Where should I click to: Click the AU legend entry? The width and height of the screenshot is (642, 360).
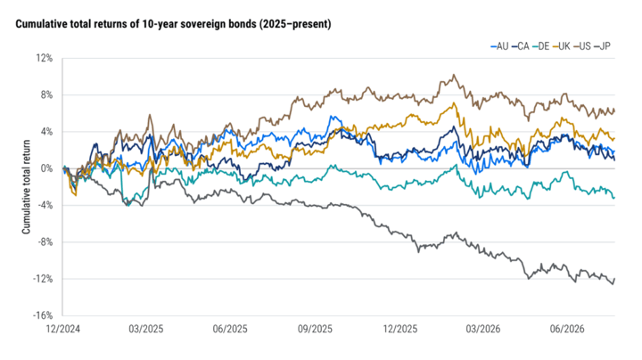(499, 46)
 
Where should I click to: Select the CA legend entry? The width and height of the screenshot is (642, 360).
(521, 46)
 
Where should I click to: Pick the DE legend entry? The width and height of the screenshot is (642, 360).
(541, 46)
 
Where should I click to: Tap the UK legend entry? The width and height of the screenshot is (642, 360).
(562, 46)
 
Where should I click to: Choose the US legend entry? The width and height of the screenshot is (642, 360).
(582, 46)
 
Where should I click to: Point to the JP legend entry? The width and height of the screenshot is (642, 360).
(602, 46)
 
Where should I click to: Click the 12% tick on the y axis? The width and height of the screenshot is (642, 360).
(45, 59)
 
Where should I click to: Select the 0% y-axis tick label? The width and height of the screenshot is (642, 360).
(47, 168)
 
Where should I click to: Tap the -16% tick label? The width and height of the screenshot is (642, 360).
(44, 315)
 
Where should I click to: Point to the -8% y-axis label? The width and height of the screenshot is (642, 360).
(45, 242)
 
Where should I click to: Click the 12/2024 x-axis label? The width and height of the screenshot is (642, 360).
(63, 330)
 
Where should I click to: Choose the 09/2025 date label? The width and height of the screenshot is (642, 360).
(315, 330)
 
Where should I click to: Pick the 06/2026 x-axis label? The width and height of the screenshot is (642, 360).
(567, 330)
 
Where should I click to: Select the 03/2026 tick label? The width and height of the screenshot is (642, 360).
(483, 330)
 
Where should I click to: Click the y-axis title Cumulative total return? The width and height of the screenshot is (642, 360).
(27, 187)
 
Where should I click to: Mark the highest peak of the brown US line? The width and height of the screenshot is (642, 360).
(453, 75)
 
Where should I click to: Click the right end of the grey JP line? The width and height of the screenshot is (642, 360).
(614, 279)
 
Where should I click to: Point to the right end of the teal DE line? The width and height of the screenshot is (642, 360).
(614, 198)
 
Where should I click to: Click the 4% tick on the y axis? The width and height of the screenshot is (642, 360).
(47, 132)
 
